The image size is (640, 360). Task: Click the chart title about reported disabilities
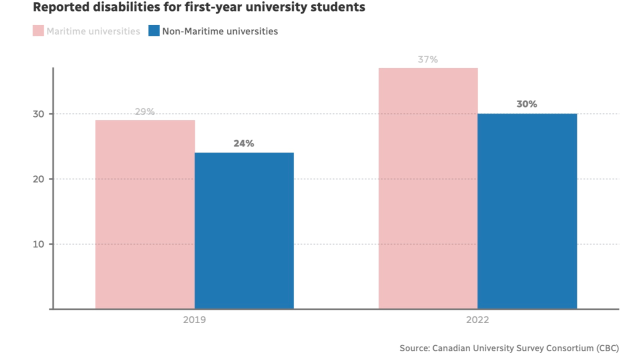click(x=199, y=8)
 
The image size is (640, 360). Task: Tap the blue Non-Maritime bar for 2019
click(x=244, y=230)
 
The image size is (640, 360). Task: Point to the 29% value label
click(x=145, y=111)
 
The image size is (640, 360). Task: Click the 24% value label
click(x=244, y=143)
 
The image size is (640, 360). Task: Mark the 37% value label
click(x=428, y=59)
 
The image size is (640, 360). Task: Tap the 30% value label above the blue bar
click(x=527, y=104)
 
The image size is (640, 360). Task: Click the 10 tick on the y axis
click(x=39, y=244)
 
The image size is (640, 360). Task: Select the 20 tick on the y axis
click(x=39, y=179)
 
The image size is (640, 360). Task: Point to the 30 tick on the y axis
click(x=39, y=114)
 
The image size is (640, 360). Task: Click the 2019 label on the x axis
click(x=194, y=320)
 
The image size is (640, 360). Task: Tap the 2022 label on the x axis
click(x=477, y=320)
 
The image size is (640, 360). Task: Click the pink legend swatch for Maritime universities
click(x=38, y=31)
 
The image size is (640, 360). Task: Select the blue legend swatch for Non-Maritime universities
click(x=154, y=31)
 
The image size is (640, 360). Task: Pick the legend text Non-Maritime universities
click(x=220, y=31)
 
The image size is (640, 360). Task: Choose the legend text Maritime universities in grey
click(x=93, y=31)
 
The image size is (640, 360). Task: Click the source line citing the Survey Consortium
click(x=509, y=348)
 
